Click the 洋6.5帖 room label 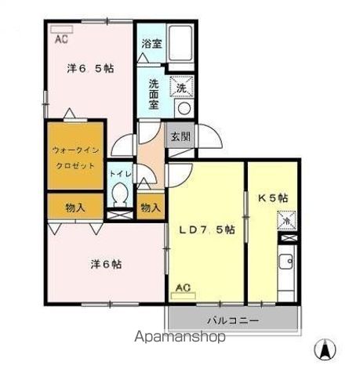tap(90, 69)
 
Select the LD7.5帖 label tap(207, 230)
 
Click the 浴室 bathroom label tap(152, 45)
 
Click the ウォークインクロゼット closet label tap(75, 157)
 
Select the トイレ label tap(120, 172)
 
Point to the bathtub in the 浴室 tap(182, 40)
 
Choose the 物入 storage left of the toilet tap(75, 208)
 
